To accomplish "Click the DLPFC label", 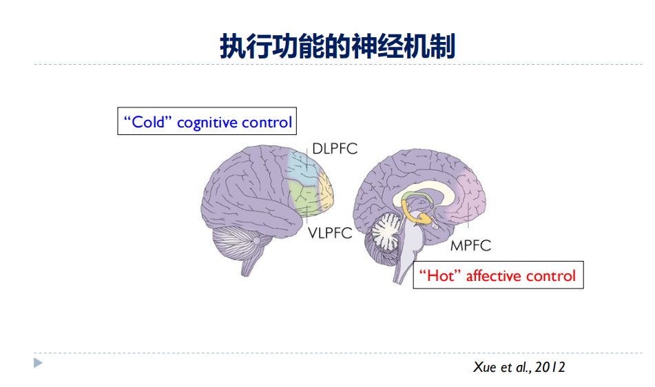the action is pos(335,149).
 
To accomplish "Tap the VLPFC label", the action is pos(330,233).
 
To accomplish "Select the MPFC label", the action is pos(471,245).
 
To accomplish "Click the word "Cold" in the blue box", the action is pos(148,122).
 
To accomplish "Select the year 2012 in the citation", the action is pos(550,367).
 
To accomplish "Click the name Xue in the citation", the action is pos(485,367).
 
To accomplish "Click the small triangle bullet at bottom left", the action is pos(38,363).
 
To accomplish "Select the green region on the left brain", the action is pos(304,197).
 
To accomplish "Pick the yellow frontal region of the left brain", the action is pos(326,190).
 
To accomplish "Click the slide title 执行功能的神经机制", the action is pos(337,46).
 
